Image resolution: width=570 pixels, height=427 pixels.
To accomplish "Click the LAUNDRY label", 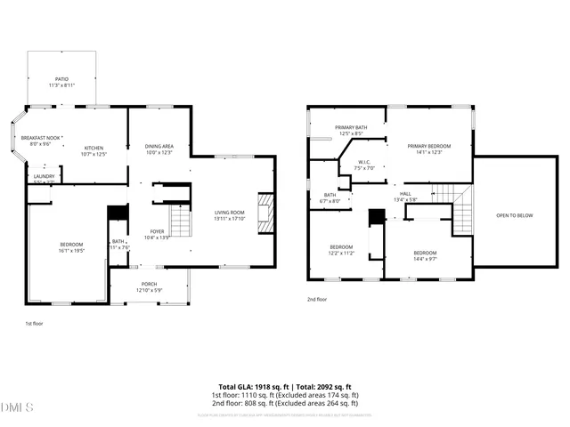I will click(x=44, y=177).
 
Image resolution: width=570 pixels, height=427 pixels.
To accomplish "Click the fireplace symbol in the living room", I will click(x=265, y=213).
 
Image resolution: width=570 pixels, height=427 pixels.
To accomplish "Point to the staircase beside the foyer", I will click(x=181, y=220).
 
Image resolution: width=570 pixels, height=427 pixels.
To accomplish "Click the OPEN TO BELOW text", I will click(x=514, y=215).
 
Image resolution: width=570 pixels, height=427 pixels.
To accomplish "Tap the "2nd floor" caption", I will click(x=317, y=300).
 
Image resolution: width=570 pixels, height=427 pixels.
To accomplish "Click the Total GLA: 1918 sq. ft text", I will click(x=252, y=387).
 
